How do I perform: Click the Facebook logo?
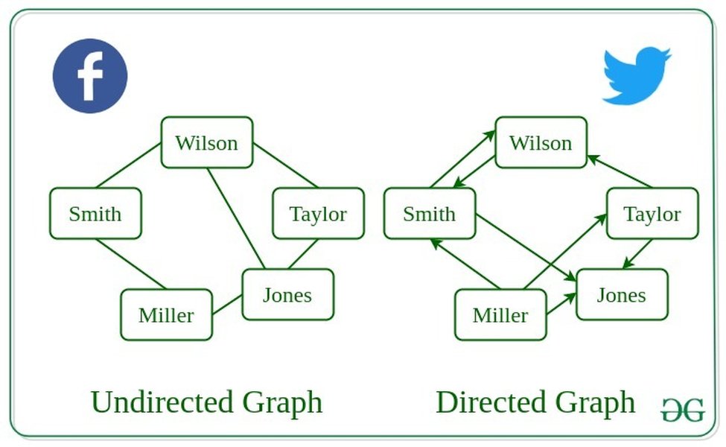click(x=90, y=76)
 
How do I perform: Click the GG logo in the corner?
click(x=682, y=410)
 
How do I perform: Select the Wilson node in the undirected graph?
click(x=207, y=142)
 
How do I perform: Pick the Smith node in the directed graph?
click(x=429, y=214)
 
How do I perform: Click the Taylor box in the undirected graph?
click(x=318, y=214)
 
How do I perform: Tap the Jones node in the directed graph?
click(x=621, y=294)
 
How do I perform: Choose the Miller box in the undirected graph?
click(x=166, y=314)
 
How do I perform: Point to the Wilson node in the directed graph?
click(x=541, y=142)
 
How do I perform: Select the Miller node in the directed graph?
click(x=500, y=314)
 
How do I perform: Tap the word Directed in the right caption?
click(x=485, y=402)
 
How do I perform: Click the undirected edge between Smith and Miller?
click(x=130, y=264)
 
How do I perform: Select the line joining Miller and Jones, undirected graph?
click(x=227, y=305)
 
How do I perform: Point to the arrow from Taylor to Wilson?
click(x=620, y=171)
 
